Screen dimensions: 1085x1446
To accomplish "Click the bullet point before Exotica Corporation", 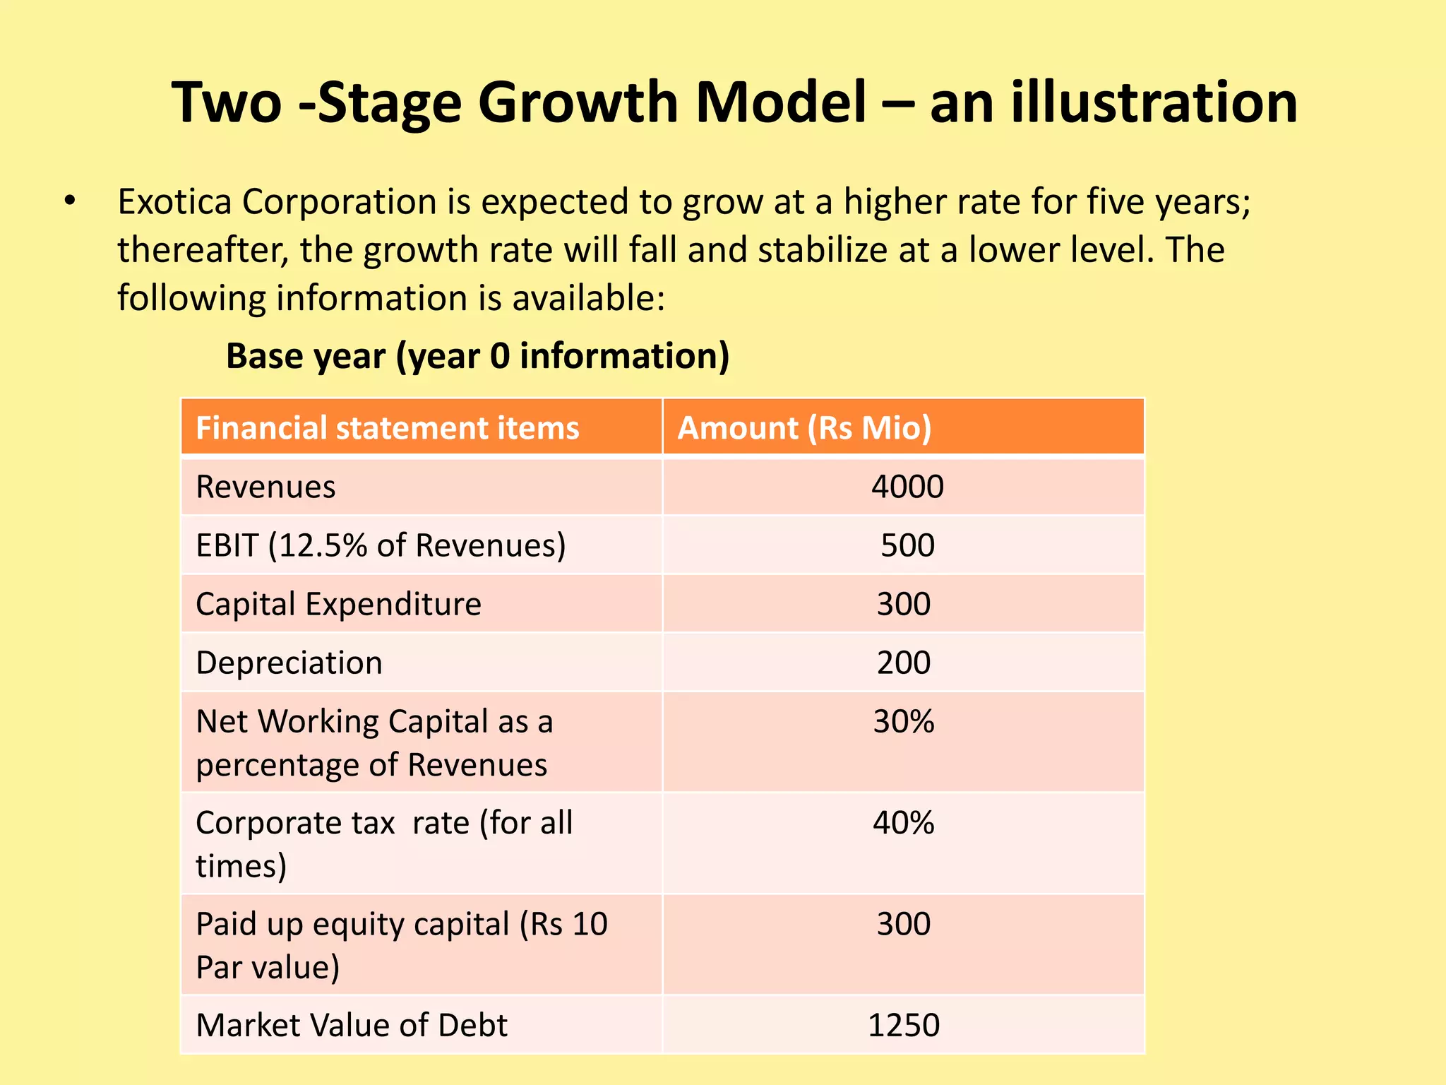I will tap(68, 201).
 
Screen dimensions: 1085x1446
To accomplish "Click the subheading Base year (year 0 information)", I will tap(477, 356).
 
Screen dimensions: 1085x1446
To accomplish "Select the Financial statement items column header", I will tap(387, 428).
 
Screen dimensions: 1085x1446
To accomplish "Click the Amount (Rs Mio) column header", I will tap(804, 428).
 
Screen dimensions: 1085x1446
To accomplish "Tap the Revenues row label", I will tap(265, 487).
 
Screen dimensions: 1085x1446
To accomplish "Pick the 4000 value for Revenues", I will tap(907, 487).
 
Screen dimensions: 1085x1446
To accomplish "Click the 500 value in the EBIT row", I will tap(907, 545).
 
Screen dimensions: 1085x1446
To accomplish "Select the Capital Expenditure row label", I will tap(338, 605).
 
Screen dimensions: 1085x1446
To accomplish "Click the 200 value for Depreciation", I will tap(903, 663).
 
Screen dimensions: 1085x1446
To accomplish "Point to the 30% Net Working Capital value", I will tap(903, 722).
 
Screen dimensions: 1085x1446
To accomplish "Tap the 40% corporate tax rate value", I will tap(903, 823).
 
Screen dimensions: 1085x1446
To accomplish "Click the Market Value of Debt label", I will tap(351, 1025).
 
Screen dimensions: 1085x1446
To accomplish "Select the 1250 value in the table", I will tap(903, 1025).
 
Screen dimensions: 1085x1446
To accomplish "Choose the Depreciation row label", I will tap(289, 663).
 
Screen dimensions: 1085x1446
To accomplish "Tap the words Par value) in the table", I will tap(268, 967).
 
